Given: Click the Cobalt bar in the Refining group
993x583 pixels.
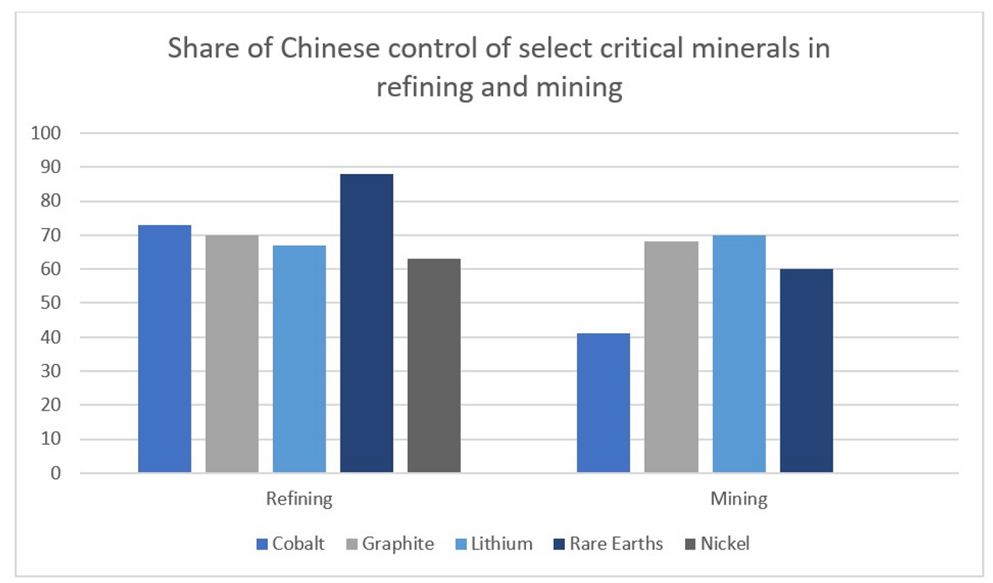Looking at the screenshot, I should (164, 349).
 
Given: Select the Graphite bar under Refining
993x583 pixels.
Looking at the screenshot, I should (232, 354).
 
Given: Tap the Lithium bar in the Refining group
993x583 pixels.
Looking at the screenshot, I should (299, 359).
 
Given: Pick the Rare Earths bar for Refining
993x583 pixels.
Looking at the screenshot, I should (366, 323).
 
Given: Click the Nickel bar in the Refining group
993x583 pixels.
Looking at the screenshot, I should (434, 366).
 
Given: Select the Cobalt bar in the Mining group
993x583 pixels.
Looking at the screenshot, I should (604, 403).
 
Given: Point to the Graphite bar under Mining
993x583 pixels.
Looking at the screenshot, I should (671, 357).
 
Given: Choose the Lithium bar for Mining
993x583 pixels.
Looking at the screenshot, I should (739, 354).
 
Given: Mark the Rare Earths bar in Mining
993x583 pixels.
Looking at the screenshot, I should (806, 371).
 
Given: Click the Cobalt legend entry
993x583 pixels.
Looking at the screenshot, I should (291, 543).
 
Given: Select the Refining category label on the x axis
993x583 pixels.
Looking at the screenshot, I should (299, 498).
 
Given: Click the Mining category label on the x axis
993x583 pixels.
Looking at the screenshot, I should (739, 498).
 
